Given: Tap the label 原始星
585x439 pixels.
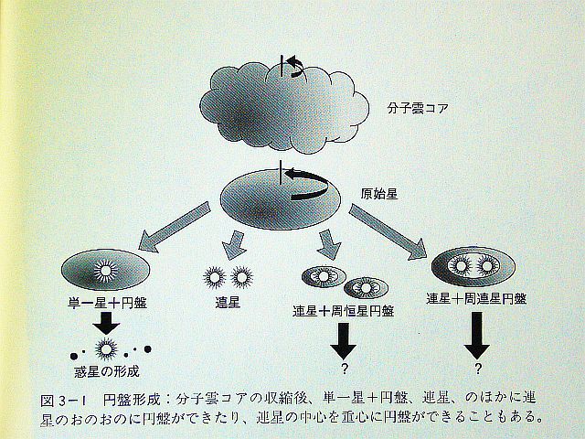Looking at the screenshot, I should point(378,195).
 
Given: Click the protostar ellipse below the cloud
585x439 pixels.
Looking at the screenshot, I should point(276,200).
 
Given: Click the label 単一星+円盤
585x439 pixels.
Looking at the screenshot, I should point(107,304).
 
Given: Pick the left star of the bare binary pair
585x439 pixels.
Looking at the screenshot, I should point(214,273).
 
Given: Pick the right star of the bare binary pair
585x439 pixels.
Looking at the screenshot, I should point(241,273).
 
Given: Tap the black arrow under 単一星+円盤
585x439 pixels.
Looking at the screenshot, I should point(107,323).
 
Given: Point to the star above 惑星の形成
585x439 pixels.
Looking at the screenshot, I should point(107,348).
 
